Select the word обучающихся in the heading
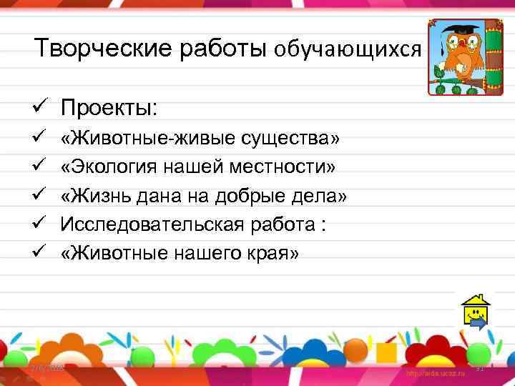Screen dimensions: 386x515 (344, 49)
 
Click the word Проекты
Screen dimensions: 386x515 (109, 109)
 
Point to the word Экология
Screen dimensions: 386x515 (115, 166)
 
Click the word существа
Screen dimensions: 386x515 (290, 137)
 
